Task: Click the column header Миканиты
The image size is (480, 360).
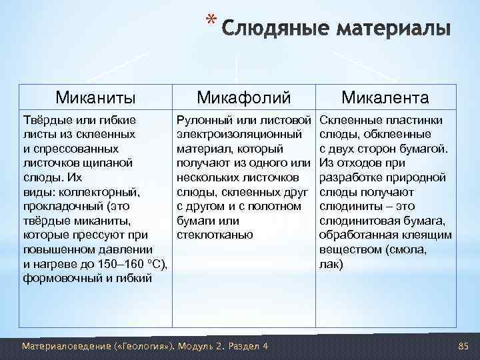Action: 95,98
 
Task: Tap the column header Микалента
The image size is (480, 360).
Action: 385,98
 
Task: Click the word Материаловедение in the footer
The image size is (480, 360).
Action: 59,346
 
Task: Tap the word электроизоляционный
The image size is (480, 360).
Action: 231,135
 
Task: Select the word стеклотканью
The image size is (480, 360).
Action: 214,235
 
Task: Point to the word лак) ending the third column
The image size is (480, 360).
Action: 332,265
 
